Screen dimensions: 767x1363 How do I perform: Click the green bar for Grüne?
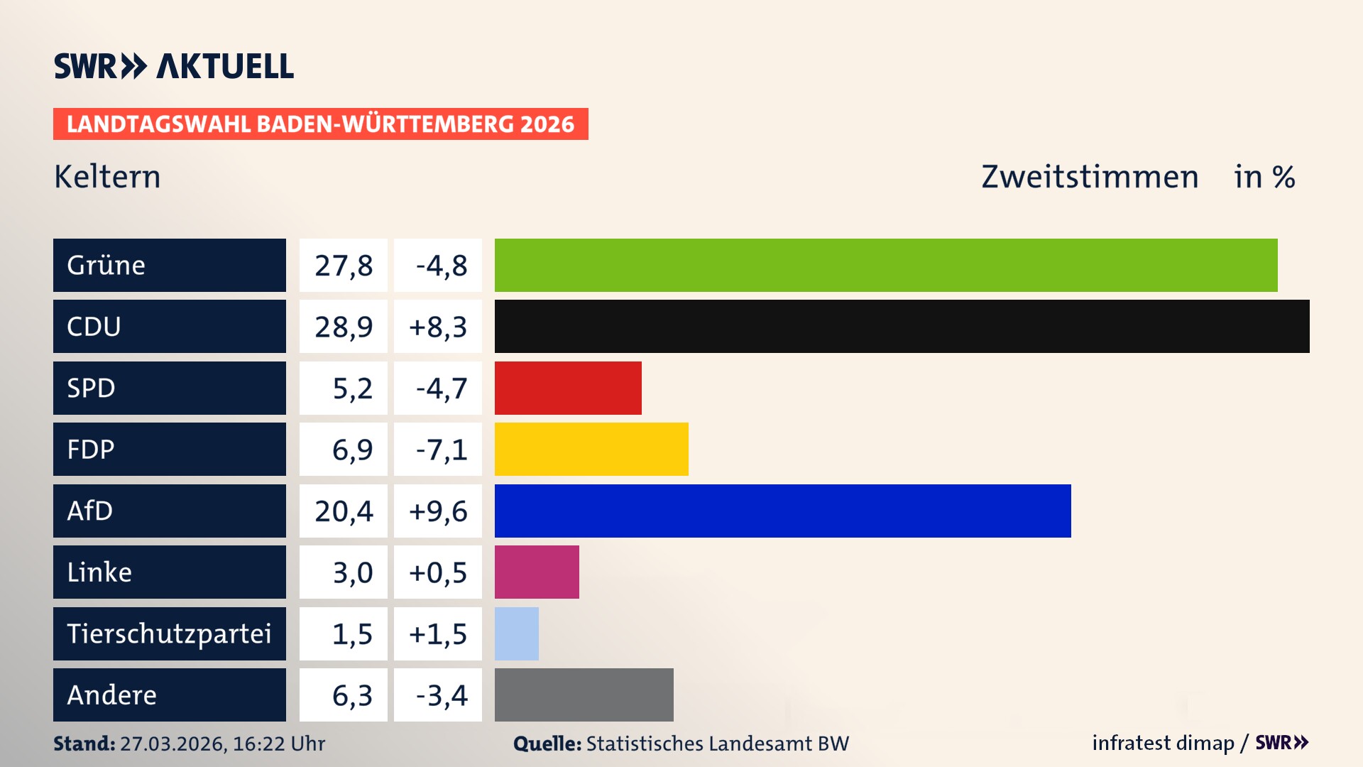coord(886,265)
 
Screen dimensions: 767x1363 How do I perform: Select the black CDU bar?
coord(902,327)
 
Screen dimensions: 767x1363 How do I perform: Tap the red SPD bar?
coord(568,388)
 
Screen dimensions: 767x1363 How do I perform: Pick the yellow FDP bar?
coord(591,450)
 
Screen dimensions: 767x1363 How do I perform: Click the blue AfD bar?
coord(782,511)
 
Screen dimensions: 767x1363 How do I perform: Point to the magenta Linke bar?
coord(537,572)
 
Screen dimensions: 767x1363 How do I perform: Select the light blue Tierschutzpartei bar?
coord(517,633)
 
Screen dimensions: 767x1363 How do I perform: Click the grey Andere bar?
coord(584,695)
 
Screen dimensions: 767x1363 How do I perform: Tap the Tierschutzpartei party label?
coord(169,633)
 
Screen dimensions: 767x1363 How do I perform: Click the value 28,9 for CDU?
coord(344,327)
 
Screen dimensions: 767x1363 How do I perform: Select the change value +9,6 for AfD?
coord(438,511)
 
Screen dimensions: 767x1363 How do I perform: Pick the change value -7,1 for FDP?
coord(441,450)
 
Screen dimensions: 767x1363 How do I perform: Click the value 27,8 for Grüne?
coord(344,265)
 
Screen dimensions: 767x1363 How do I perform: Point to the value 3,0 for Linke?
coord(352,572)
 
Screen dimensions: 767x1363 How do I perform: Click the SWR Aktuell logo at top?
coord(174,66)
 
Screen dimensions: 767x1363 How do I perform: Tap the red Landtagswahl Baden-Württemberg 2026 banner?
coord(320,124)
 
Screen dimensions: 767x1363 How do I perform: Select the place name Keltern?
coord(107,177)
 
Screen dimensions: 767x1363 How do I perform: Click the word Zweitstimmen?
coord(1090,177)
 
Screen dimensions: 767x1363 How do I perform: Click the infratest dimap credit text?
coord(1163,743)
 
